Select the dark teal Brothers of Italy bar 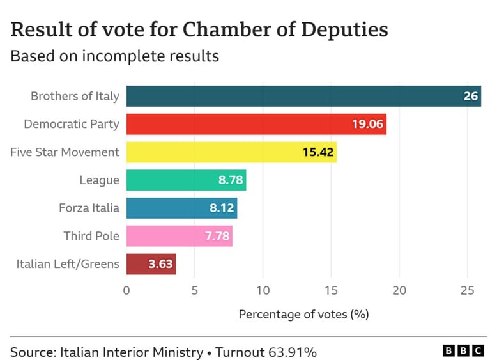[x=294, y=96]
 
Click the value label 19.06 [x=367, y=124]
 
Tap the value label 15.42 [x=317, y=152]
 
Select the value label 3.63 [x=160, y=263]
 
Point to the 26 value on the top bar [x=470, y=97]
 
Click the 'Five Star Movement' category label [x=65, y=152]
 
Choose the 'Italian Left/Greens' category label [x=68, y=263]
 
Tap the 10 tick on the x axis [x=263, y=291]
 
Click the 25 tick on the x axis [x=468, y=291]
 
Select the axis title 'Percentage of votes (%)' [x=303, y=315]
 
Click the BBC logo [x=464, y=351]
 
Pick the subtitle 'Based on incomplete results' [x=115, y=56]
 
